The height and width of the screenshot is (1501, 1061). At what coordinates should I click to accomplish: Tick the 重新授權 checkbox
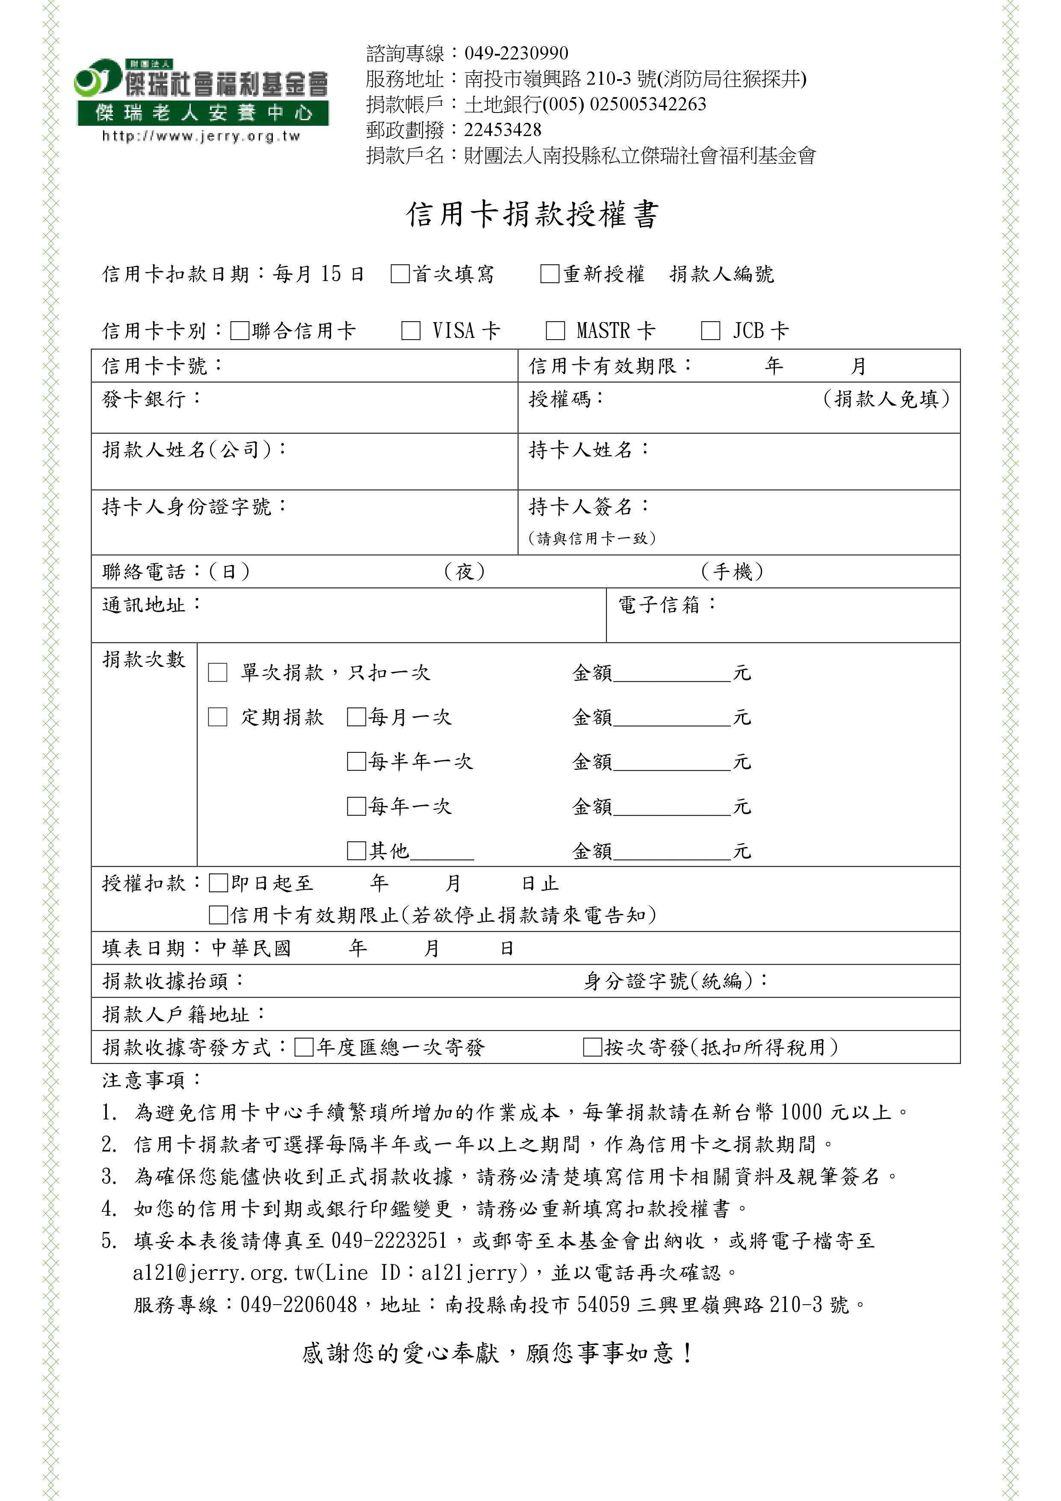[x=550, y=273]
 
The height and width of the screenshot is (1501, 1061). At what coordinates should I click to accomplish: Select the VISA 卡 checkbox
[x=411, y=331]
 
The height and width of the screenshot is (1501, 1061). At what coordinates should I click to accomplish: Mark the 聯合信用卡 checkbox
[x=240, y=331]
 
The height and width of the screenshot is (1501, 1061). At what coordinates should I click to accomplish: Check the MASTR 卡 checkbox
[x=555, y=331]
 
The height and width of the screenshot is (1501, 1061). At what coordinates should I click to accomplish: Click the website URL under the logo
[x=201, y=136]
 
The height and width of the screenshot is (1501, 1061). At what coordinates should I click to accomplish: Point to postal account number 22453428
[x=503, y=130]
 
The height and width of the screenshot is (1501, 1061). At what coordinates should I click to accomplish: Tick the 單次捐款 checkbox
[x=217, y=672]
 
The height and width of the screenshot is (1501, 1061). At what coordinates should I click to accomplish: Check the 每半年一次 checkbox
[x=356, y=761]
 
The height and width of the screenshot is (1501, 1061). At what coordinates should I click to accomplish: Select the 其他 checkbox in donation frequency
[x=356, y=850]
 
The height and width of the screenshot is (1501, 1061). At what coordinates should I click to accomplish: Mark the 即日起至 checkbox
[x=218, y=883]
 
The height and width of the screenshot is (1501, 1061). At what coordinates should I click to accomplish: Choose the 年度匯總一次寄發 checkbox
[x=304, y=1047]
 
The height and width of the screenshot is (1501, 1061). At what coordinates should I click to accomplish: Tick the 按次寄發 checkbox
[x=592, y=1047]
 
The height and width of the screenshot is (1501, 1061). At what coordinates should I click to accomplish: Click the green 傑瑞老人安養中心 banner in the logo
[x=203, y=113]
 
